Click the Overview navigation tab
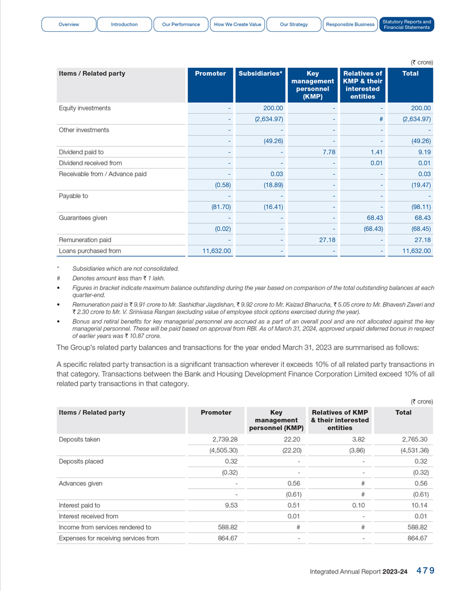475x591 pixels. [69, 25]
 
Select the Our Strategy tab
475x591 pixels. [294, 25]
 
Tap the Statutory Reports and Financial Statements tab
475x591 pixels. [407, 25]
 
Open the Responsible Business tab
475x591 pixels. [350, 25]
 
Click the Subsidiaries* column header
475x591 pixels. [260, 73]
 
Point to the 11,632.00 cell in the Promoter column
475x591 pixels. [217, 251]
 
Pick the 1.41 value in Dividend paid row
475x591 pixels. [376, 152]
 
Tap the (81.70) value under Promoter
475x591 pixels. [220, 207]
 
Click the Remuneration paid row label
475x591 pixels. [85, 240]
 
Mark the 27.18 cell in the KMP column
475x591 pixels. [325, 240]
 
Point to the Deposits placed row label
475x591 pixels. [81, 461]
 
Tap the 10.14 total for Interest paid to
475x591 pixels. [418, 505]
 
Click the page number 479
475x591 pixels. [425, 571]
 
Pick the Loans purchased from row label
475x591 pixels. [89, 251]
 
